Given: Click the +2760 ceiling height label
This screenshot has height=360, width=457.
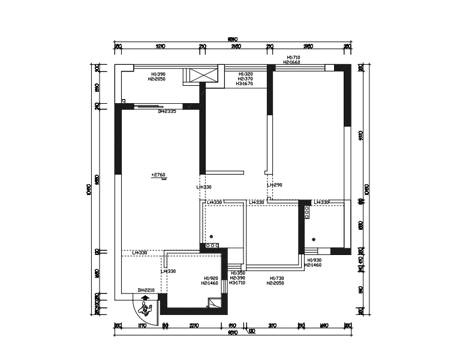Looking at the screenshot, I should coord(158,175).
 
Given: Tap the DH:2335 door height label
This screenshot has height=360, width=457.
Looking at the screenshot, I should coord(167,111).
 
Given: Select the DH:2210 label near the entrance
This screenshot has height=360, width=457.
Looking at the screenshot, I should coord(146,290).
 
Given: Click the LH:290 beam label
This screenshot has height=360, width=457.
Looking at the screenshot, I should coord(274,185).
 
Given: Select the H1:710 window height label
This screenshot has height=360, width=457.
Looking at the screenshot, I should coord(293,58).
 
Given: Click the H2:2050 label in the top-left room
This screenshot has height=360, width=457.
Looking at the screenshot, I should coord(158,79).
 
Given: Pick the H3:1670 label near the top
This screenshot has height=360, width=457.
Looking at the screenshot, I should coord(245,84).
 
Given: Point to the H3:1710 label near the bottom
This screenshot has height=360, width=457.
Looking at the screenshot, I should coord(237,283).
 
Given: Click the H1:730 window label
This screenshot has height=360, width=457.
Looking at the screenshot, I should coord(276,278).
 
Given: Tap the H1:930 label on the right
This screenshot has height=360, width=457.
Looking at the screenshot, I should coord(312,260).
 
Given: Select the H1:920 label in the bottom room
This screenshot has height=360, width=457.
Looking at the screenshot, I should coord(210,278).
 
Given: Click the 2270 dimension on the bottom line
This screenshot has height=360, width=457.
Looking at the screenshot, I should coord(194,326).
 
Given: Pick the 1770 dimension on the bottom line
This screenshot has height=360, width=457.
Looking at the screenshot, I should coord(142,326).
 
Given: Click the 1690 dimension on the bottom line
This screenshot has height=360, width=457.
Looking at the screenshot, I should coord(324,326).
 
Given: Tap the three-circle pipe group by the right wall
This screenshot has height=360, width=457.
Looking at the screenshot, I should coord(306,212).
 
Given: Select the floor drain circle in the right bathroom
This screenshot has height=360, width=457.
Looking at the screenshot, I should coord(313,239).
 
